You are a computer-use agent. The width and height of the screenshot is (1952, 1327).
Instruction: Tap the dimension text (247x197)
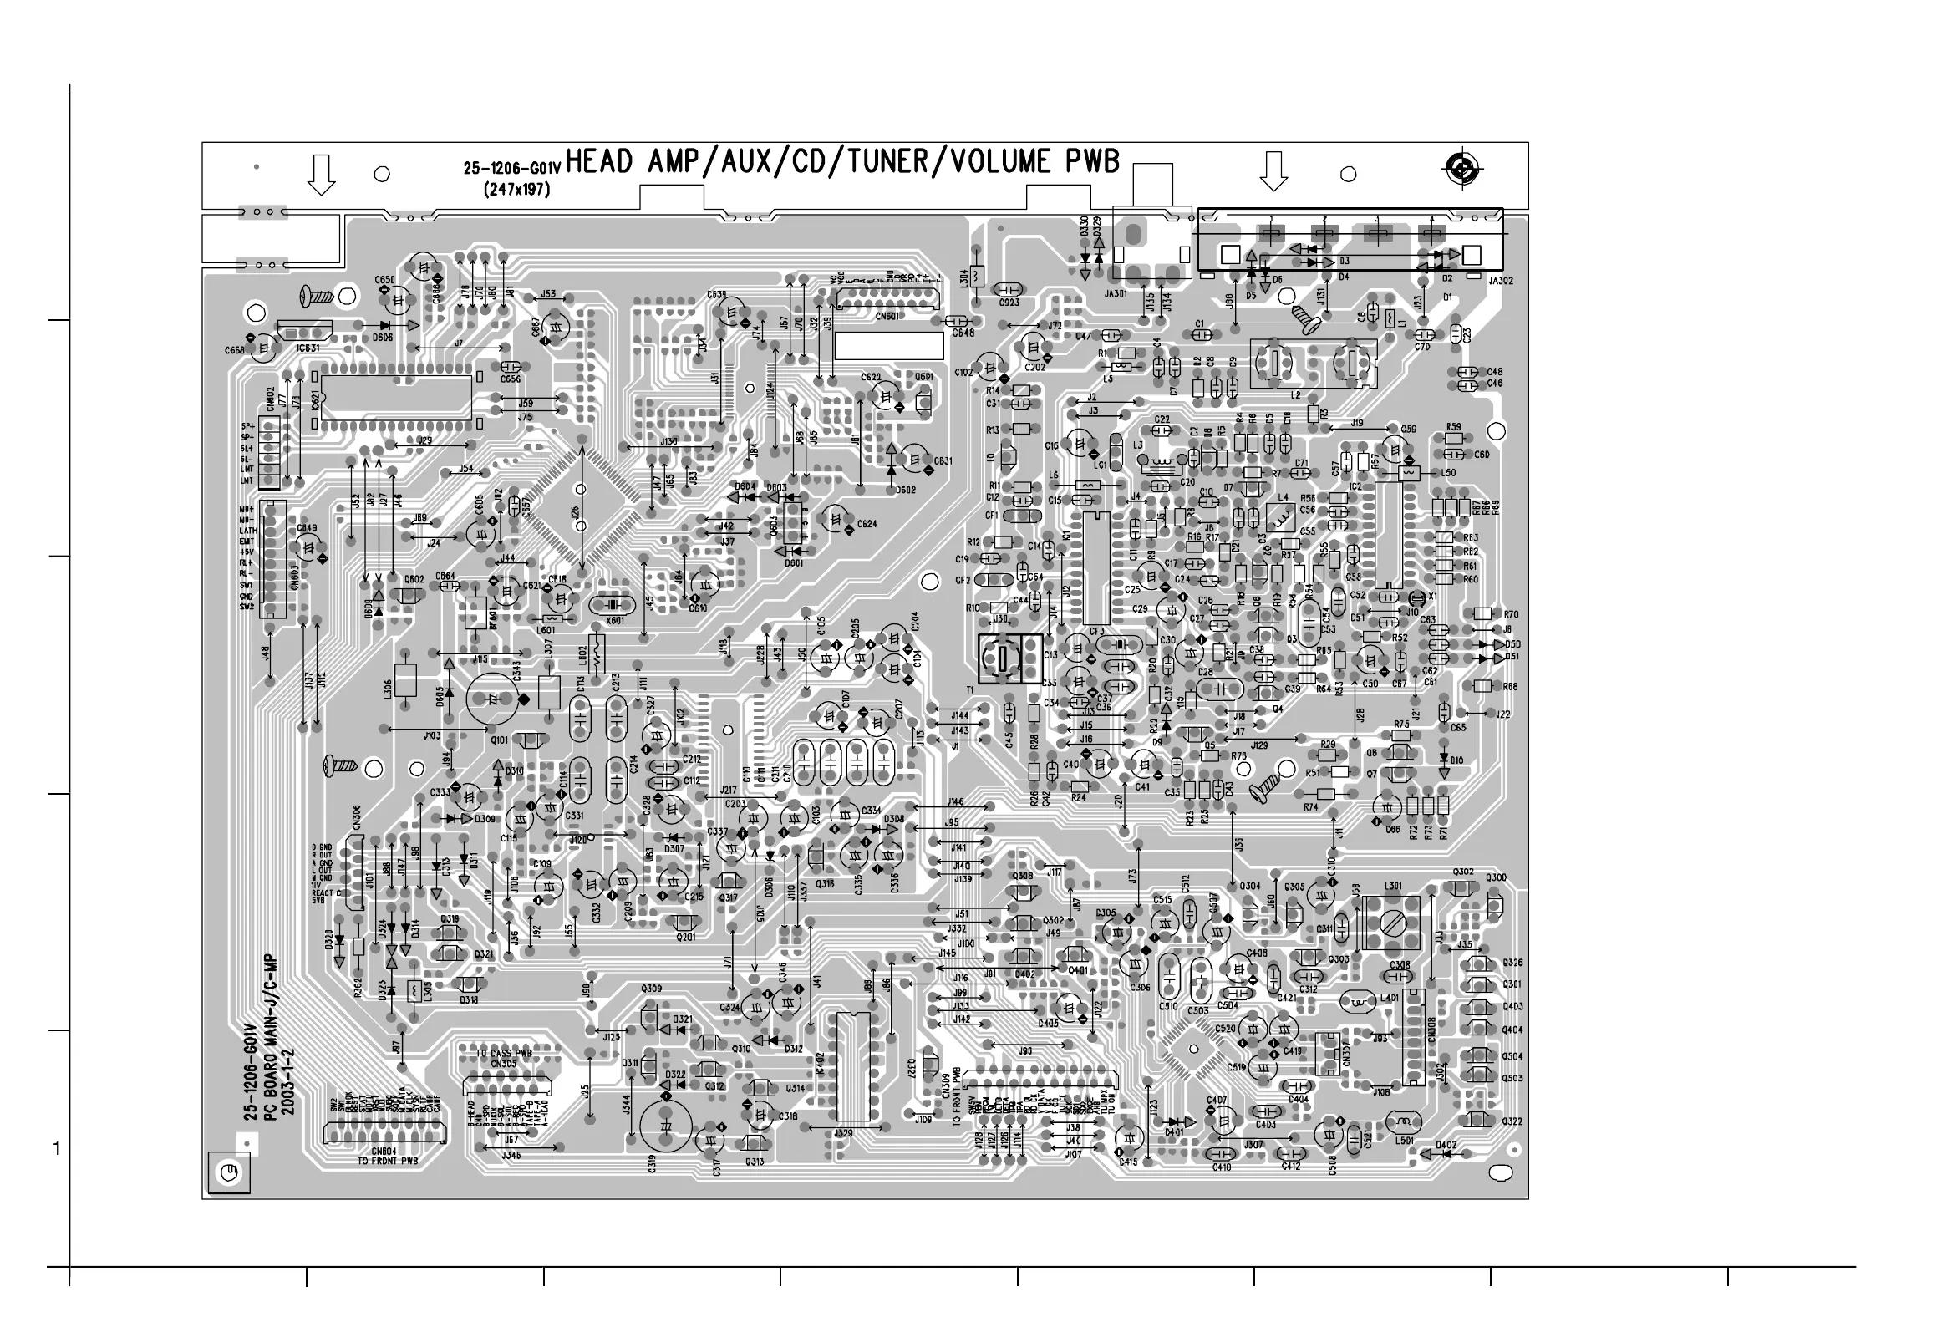tap(516, 190)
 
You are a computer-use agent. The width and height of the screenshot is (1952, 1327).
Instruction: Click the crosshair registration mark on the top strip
tap(1461, 170)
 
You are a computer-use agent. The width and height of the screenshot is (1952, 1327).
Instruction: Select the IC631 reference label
tap(308, 347)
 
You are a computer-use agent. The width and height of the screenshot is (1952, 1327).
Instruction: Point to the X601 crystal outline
tap(612, 605)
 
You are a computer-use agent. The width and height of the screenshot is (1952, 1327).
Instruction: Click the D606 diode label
tap(382, 338)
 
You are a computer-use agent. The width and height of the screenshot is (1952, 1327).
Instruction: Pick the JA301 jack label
tap(1116, 294)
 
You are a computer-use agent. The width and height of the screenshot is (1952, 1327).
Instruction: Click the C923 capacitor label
tap(1009, 302)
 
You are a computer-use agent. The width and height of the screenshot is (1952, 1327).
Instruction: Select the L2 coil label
tap(1295, 394)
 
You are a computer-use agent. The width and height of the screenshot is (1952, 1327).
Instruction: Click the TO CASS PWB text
tap(505, 1053)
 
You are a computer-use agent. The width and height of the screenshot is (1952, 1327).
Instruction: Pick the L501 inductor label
tap(1405, 1141)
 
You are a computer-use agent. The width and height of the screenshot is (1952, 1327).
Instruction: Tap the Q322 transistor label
tap(1512, 1122)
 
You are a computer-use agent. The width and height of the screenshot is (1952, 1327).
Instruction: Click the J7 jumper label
tap(458, 343)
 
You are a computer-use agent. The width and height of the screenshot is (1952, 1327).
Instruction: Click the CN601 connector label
tap(887, 317)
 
